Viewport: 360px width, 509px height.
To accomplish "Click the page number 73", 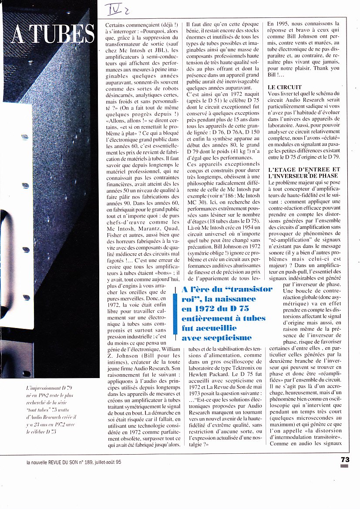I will [345, 459].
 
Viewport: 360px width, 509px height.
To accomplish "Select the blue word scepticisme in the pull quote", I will [217, 338].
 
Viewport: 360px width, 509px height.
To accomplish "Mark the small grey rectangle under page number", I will [345, 466].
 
